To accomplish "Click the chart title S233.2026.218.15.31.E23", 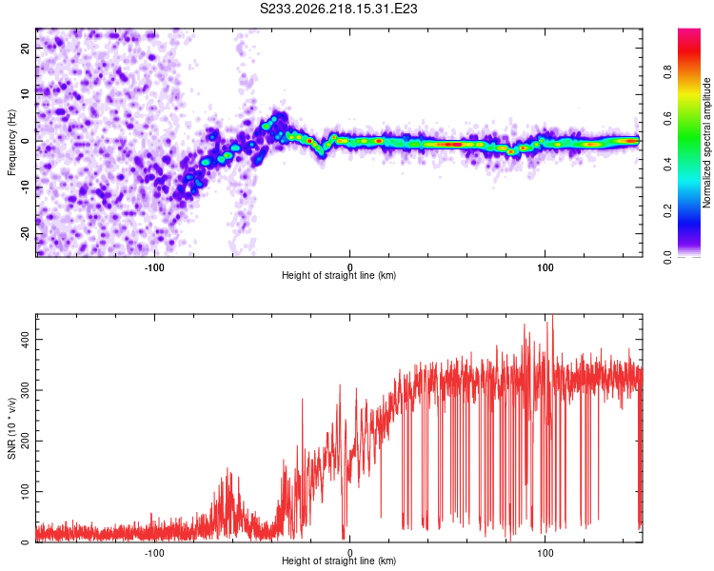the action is click(338, 9).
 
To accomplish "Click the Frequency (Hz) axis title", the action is click(11, 143).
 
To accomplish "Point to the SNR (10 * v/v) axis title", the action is click(11, 428).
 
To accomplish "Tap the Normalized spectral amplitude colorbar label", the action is click(706, 143).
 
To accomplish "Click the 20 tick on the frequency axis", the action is click(25, 48).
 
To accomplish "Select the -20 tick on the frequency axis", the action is click(25, 234).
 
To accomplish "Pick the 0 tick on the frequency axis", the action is click(25, 141).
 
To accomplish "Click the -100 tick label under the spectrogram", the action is click(154, 267).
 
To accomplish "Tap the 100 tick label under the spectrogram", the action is click(545, 267).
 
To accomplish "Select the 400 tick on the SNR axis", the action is click(25, 339).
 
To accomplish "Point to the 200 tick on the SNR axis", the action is click(25, 441).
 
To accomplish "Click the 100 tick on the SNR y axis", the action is click(25, 491).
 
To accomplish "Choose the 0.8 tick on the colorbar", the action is click(668, 72).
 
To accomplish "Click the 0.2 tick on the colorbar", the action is click(668, 211).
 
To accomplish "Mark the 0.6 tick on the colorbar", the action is click(668, 118).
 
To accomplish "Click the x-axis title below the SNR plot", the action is click(339, 561).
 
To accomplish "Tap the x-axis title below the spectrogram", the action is click(339, 275).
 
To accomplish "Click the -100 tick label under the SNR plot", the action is click(154, 553).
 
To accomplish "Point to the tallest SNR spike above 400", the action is click(552, 317).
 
